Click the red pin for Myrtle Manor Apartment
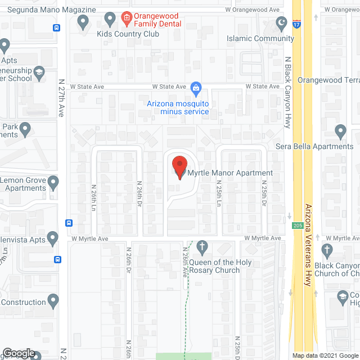179,166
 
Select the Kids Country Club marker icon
84,22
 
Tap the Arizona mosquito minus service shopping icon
196,88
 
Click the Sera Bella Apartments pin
340,132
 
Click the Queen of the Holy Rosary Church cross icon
202,246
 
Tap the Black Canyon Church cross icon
327,250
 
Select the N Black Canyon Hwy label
287,92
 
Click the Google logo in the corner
19,353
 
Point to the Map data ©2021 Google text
323,355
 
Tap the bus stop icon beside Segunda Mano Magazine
57,28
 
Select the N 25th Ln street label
218,194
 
